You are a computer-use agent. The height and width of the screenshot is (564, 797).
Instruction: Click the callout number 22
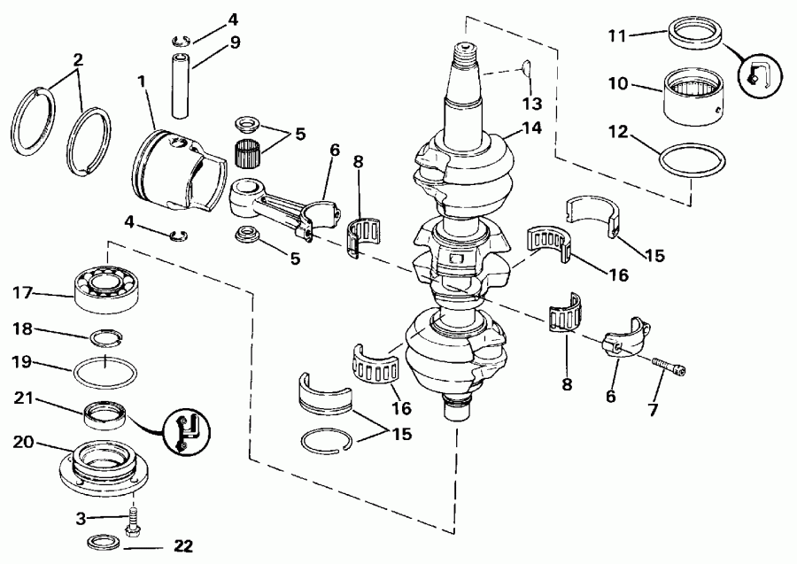point(182,546)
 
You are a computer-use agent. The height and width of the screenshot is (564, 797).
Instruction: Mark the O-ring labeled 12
point(691,161)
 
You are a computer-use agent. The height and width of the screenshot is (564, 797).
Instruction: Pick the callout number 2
point(78,60)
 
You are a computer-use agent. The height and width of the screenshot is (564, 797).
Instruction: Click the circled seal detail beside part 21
point(185,432)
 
